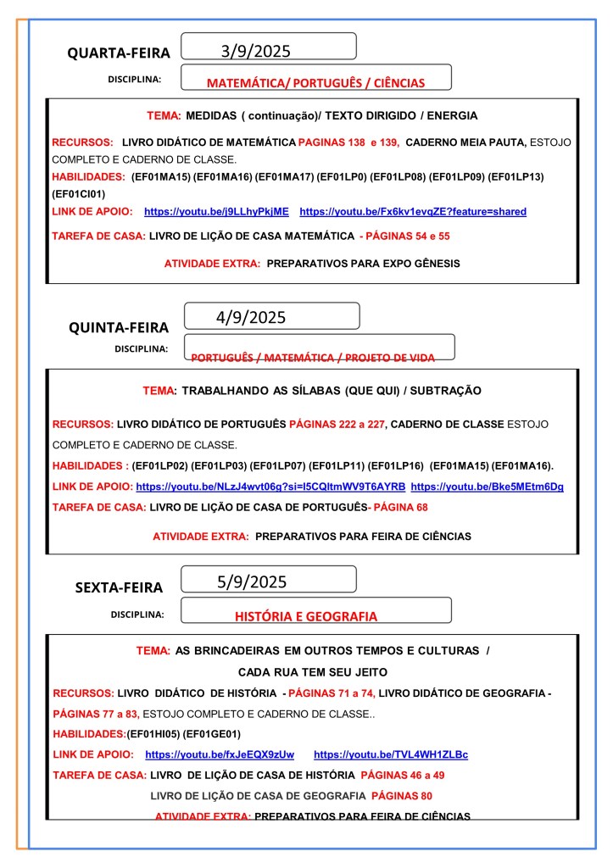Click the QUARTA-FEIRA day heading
119,53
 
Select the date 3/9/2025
255,51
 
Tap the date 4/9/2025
251,318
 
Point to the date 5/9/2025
252,581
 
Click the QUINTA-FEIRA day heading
119,327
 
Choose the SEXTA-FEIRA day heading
119,587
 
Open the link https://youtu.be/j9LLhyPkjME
216,211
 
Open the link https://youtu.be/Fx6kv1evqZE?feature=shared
413,211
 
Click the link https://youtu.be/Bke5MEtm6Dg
487,487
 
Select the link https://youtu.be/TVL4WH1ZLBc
391,754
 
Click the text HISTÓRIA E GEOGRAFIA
306,617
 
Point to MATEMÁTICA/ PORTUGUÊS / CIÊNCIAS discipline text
315,83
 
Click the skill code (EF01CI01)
79,193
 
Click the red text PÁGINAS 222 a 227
337,424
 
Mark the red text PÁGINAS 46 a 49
403,775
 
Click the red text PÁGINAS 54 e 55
406,236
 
